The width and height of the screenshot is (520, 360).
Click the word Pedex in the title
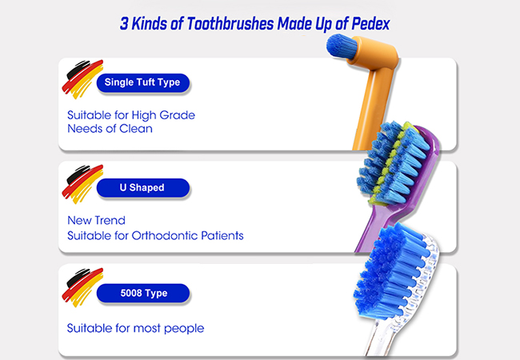click(x=370, y=24)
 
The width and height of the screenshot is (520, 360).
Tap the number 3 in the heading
click(x=124, y=24)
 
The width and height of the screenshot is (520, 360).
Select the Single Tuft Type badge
click(x=143, y=82)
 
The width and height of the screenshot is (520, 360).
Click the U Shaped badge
click(x=143, y=188)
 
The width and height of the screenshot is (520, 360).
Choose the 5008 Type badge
click(x=143, y=293)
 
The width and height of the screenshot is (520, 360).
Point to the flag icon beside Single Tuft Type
click(x=82, y=79)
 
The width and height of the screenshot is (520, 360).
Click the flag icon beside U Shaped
click(x=82, y=184)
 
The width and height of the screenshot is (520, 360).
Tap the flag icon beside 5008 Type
click(x=82, y=287)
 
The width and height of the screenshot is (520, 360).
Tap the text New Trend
click(x=96, y=221)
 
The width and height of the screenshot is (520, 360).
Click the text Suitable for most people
click(x=135, y=329)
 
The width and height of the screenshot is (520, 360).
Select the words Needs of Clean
click(x=110, y=129)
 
